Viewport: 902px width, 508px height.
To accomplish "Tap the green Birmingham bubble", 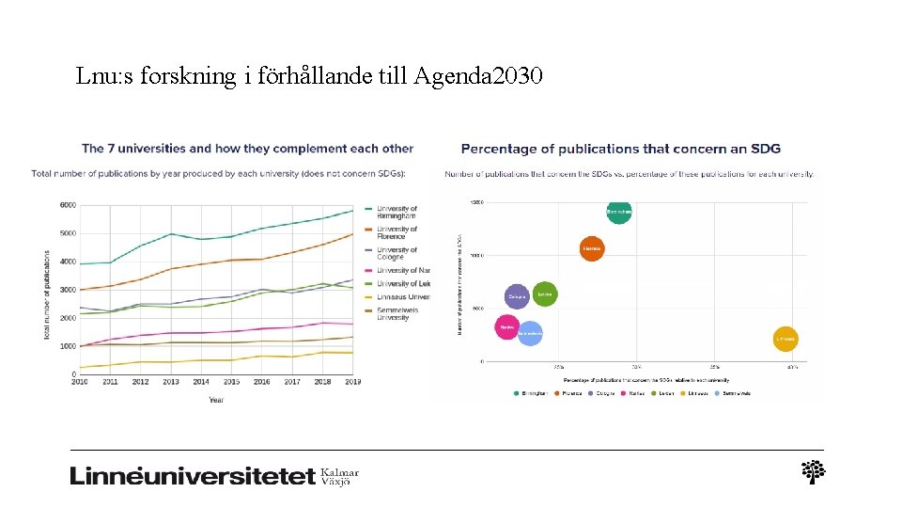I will pyautogui.click(x=618, y=212).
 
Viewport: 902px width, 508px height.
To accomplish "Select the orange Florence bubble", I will pyautogui.click(x=591, y=249).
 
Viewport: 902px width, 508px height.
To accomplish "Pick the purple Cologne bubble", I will pyautogui.click(x=517, y=297).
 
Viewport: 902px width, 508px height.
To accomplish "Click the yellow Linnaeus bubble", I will pyautogui.click(x=785, y=339).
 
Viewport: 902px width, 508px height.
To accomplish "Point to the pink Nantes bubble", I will pyautogui.click(x=507, y=327).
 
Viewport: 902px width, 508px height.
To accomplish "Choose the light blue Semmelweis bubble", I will pyautogui.click(x=530, y=334).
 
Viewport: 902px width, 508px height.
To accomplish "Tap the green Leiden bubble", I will pyautogui.click(x=545, y=294).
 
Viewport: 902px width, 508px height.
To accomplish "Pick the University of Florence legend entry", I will pyautogui.click(x=397, y=232).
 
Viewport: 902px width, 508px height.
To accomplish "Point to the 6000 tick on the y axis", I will pyautogui.click(x=68, y=205).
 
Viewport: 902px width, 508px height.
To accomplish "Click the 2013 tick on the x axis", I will pyautogui.click(x=170, y=382).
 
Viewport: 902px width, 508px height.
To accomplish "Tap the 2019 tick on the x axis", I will pyautogui.click(x=352, y=382).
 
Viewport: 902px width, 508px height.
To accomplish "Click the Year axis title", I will pyautogui.click(x=216, y=400).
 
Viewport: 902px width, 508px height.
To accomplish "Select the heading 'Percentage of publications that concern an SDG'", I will pyautogui.click(x=620, y=149).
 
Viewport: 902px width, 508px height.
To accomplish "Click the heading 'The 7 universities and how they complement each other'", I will pyautogui.click(x=247, y=149).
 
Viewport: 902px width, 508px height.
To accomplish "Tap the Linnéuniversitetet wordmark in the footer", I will pyautogui.click(x=193, y=476).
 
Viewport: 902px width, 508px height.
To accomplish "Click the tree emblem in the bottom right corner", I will pyautogui.click(x=813, y=472).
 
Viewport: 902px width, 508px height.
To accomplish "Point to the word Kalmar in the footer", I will pyautogui.click(x=340, y=472).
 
